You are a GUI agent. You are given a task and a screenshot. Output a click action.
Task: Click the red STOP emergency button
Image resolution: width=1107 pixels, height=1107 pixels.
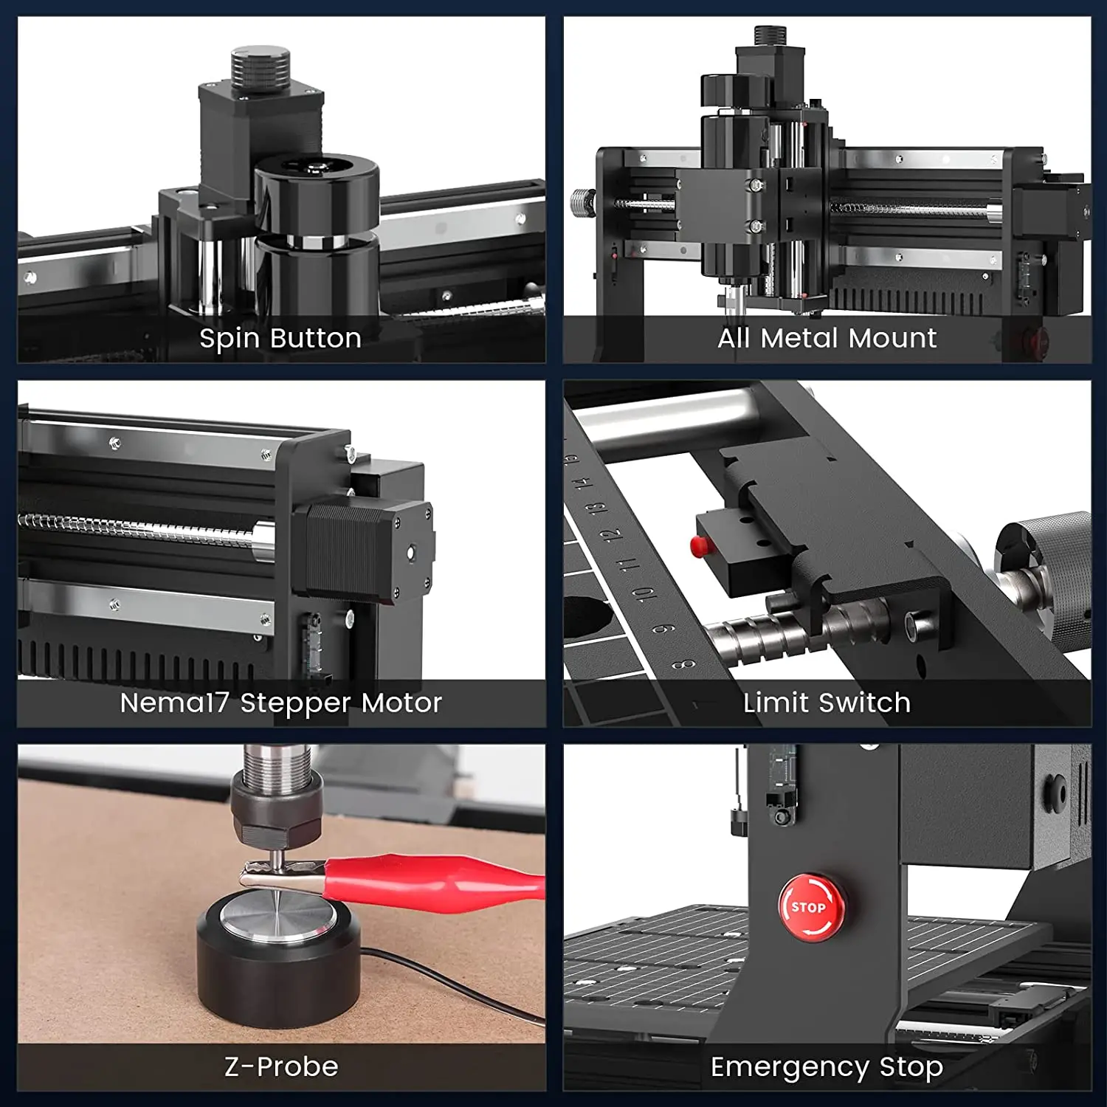pyautogui.click(x=812, y=908)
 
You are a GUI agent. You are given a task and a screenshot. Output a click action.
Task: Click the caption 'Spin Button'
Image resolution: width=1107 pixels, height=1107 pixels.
pyautogui.click(x=280, y=338)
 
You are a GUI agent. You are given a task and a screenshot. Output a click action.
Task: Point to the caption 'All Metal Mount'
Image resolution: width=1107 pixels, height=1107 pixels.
pyautogui.click(x=827, y=338)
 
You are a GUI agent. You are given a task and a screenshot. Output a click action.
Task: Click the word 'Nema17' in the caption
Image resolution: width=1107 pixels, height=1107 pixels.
pyautogui.click(x=174, y=703)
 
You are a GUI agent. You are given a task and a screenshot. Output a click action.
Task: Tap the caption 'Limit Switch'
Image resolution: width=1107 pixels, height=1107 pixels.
pyautogui.click(x=827, y=703)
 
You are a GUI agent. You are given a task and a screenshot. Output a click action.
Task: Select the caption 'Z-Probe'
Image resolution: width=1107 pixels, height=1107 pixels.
pyautogui.click(x=281, y=1066)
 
